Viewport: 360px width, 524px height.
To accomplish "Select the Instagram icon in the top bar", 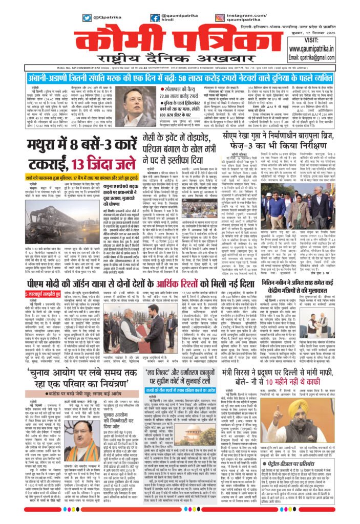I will pyautogui.click(x=217, y=18).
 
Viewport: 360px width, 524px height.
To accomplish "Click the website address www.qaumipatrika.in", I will pyautogui.click(x=318, y=49).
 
